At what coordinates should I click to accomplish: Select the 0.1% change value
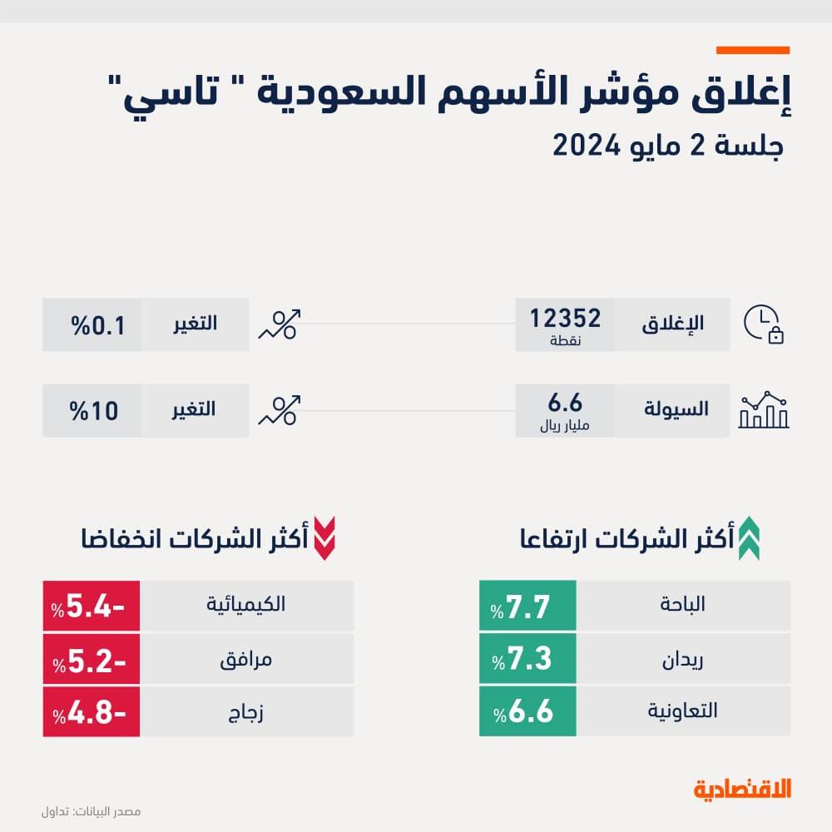[92, 324]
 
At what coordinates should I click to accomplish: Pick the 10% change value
[92, 410]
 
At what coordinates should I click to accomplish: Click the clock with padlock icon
[764, 324]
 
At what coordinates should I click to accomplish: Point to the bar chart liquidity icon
[764, 410]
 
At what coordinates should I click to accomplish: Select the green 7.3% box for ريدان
[527, 659]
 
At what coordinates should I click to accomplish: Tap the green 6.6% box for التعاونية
[527, 711]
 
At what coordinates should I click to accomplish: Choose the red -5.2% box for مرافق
[92, 659]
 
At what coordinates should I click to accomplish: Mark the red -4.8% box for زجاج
[92, 711]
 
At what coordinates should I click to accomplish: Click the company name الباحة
[682, 605]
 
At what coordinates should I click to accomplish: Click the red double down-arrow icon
[324, 538]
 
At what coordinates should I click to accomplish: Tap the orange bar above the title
[753, 51]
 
